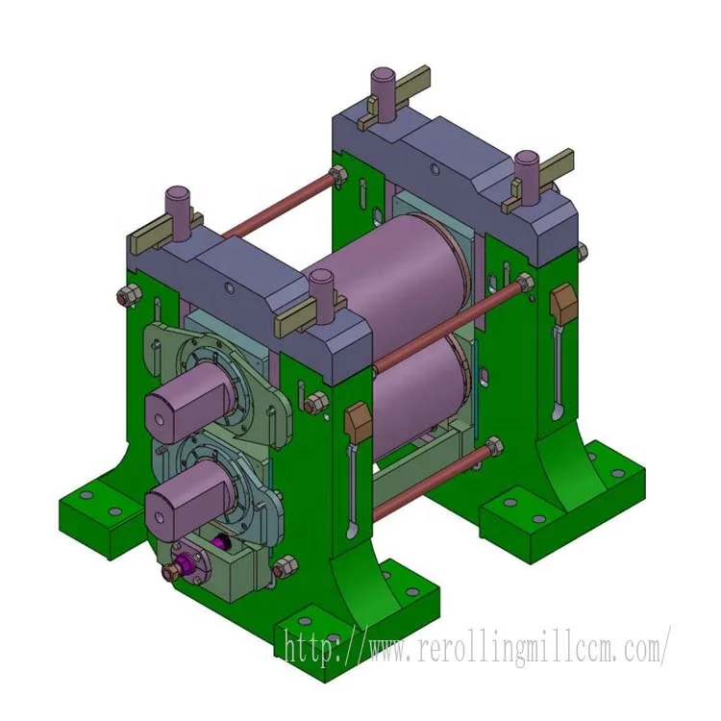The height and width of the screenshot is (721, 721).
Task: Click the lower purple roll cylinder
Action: click(x=413, y=394)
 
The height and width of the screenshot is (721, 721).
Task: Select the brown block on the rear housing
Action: click(x=560, y=307)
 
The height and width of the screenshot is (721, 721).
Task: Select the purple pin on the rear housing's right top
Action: click(x=526, y=173)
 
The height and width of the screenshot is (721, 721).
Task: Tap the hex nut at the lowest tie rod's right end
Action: click(x=494, y=446)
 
